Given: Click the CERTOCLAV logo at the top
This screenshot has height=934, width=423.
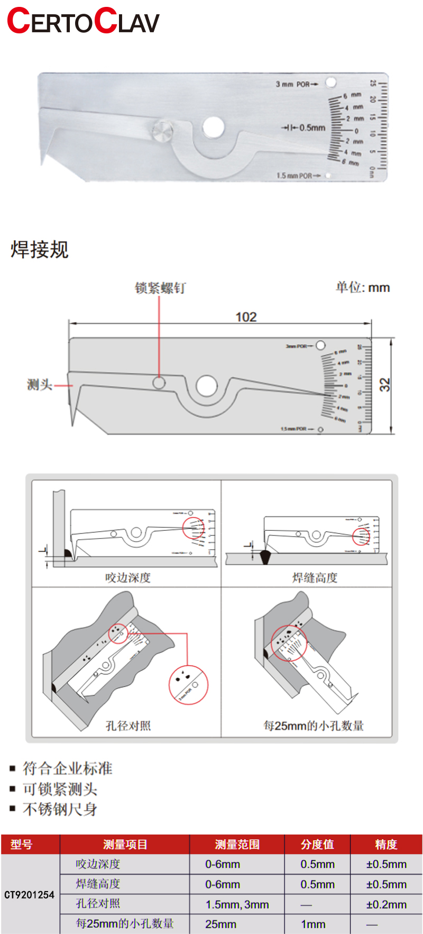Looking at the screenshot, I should point(83,21).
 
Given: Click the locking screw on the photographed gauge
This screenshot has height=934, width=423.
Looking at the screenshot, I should point(162,130).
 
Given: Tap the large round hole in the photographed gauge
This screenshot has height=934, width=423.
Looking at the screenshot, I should point(213,127).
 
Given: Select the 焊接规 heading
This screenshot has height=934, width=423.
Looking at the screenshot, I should point(40,249).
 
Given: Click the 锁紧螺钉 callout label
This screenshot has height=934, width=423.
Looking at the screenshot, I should point(160,288).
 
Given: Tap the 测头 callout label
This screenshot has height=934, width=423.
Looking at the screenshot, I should point(40,385).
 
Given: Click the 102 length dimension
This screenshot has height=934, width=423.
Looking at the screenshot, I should point(246,316).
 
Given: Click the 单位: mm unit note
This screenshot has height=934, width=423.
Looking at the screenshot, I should point(362,287).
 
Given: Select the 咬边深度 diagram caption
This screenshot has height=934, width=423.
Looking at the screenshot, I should point(128,577).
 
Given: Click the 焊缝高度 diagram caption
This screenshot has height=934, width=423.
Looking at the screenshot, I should point(315,577).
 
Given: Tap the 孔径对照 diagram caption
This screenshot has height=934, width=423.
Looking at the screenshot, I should point(128,726).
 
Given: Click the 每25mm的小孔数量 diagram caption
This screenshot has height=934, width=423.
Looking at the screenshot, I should point(314,726).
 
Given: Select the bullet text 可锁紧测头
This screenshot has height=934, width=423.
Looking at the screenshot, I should point(60,789).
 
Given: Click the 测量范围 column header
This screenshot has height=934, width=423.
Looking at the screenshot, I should point(237,845).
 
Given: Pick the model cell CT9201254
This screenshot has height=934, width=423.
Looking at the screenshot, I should point(30,895).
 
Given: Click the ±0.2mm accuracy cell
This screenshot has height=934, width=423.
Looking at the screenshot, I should point(386,904).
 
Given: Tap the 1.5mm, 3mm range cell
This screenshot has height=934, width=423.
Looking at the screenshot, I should point(237,904).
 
